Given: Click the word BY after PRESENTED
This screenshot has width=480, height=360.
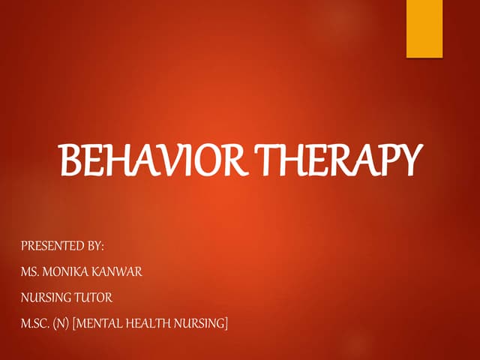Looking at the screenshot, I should point(93,245).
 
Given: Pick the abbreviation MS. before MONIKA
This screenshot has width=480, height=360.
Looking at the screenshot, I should point(31,271).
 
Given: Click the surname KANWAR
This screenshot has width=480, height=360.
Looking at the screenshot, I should point(119,271).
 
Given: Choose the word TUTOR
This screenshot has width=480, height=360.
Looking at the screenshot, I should point(94,297).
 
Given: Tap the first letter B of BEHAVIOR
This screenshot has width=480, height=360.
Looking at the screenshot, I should point(70,162).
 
